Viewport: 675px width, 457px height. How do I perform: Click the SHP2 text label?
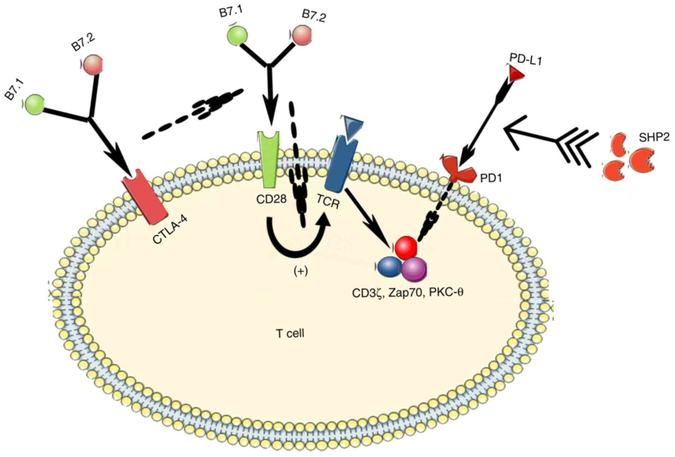tap(654, 137)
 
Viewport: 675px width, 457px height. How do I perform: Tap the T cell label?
tap(290, 333)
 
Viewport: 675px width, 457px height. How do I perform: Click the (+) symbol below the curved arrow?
tap(301, 271)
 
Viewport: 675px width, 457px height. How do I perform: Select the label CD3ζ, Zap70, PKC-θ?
tap(408, 293)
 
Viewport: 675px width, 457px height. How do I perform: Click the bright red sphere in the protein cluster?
tap(406, 248)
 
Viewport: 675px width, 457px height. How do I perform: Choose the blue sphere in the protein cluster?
tap(390, 267)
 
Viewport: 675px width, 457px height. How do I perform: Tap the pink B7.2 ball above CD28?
tap(301, 35)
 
